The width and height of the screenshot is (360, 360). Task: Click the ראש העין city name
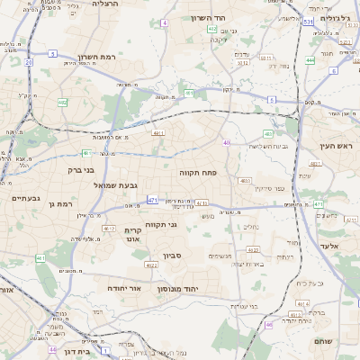337,146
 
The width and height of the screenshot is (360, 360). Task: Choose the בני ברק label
86,169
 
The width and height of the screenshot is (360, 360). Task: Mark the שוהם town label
325,342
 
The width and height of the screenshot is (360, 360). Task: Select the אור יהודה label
126,289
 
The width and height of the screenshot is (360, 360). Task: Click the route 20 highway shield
29,62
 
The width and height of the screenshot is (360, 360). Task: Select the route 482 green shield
62,103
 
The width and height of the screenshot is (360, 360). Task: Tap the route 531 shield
309,20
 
